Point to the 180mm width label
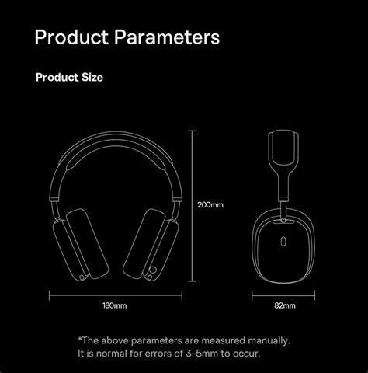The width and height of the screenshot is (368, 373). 114,306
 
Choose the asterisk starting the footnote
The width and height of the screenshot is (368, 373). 80,339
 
